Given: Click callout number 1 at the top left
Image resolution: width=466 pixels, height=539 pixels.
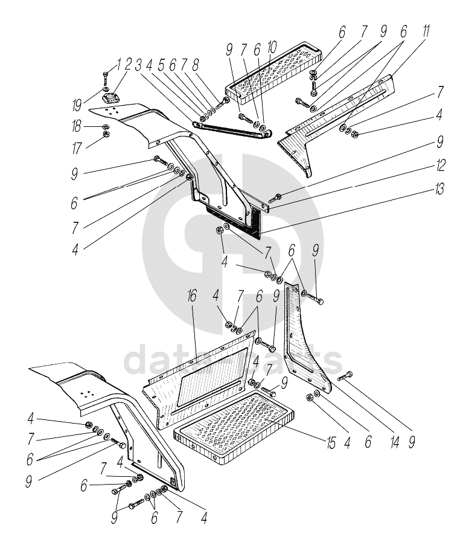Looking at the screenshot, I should coord(119,63).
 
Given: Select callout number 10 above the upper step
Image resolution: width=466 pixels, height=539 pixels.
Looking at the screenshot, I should coord(272,47).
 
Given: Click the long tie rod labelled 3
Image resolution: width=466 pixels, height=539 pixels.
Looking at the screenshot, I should coord(229,131).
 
